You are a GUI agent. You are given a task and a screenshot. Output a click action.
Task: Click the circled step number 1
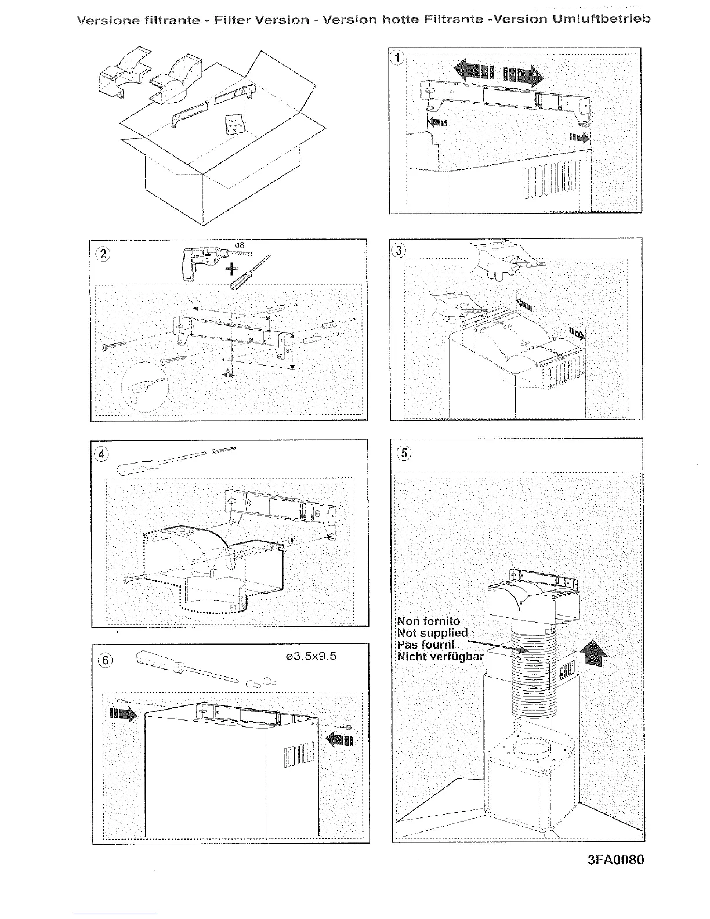(x=397, y=57)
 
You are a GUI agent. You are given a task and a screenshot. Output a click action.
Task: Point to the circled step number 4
(x=101, y=454)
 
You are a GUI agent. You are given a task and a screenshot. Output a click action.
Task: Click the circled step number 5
(x=403, y=453)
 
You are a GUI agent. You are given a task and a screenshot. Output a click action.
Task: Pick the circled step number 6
(x=104, y=660)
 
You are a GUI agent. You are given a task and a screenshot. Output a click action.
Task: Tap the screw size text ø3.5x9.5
(x=312, y=656)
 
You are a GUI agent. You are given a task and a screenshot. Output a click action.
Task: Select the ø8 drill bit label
(x=240, y=245)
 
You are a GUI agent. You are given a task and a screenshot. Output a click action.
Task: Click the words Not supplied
(x=432, y=633)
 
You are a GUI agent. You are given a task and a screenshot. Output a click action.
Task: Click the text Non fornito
(x=429, y=621)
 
